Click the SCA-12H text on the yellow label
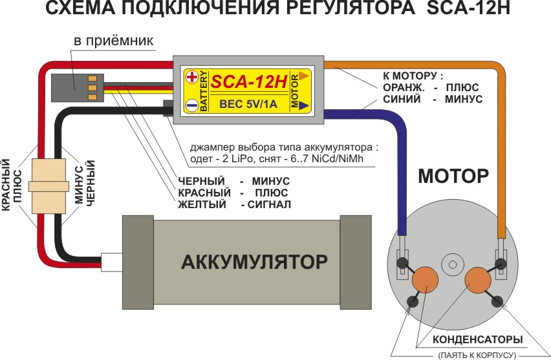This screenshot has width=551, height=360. (249, 81)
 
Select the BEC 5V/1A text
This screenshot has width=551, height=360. (249, 103)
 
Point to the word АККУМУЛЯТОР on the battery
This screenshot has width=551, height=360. (254, 262)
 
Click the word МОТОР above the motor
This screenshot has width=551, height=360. (452, 175)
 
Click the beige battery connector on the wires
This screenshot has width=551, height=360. (43, 186)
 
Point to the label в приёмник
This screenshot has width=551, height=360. (113, 41)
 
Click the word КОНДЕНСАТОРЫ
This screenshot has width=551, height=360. (478, 339)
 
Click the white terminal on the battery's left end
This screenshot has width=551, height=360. (111, 261)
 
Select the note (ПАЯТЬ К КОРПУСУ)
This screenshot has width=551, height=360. (477, 354)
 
